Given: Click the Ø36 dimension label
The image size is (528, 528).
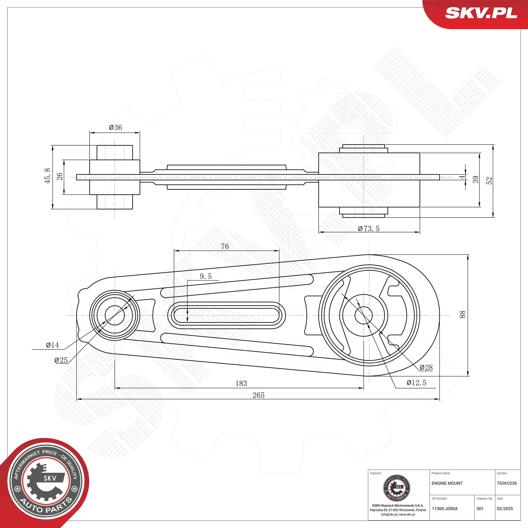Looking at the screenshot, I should [115, 127].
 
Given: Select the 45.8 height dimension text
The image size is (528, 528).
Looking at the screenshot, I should [48, 176].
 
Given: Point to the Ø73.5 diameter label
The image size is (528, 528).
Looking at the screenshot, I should [369, 229].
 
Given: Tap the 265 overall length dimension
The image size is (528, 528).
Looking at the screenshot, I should [259, 395].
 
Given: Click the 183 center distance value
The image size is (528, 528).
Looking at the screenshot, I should [241, 383].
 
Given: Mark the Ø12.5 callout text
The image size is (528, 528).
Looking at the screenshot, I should [416, 383].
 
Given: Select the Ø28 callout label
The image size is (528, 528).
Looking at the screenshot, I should [426, 367].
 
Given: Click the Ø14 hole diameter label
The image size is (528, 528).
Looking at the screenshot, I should [52, 345].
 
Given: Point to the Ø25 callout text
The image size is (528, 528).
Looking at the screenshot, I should [61, 360].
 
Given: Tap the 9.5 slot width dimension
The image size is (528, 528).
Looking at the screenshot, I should [205, 276].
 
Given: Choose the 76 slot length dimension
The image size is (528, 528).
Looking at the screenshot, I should [225, 246].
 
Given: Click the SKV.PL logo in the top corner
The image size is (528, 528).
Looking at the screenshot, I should [481, 13].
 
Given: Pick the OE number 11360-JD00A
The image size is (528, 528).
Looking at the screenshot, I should [445, 509].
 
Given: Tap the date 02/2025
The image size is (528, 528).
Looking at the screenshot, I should [505, 509].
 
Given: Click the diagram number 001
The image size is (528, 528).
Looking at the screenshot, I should [480, 509].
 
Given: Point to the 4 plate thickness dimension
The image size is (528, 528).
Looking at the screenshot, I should [462, 177].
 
